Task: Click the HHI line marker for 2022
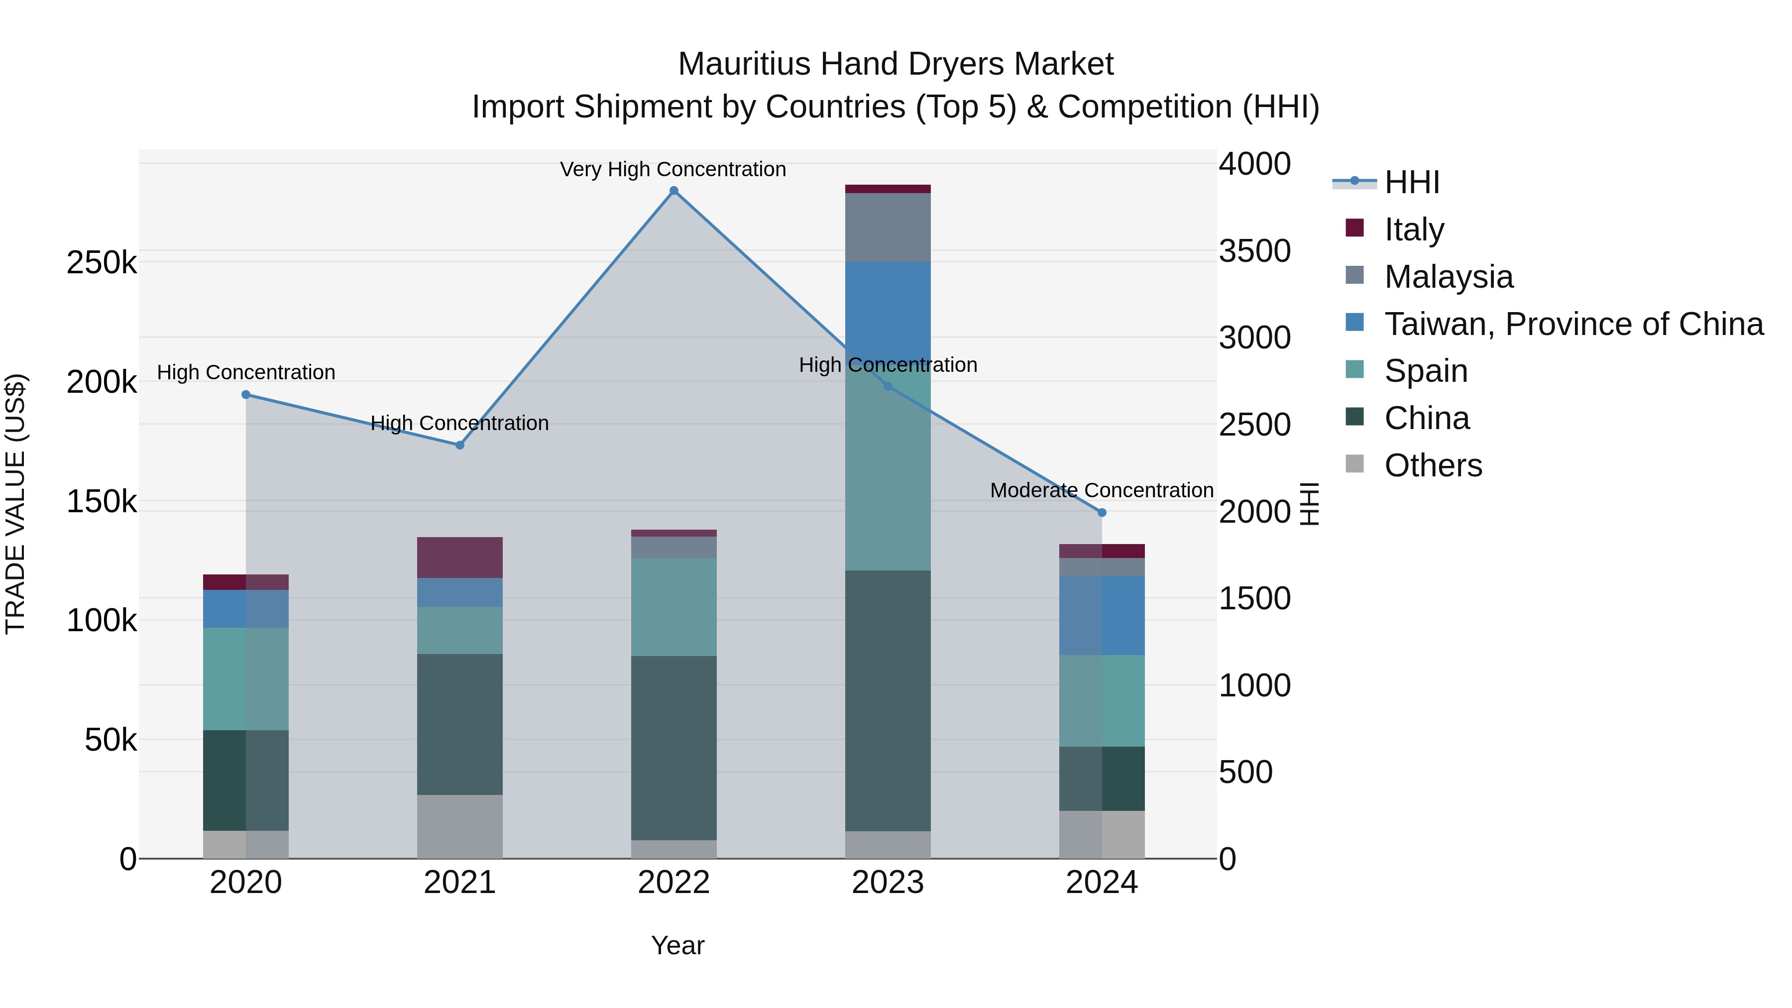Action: click(673, 191)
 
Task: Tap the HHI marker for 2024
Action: click(1102, 513)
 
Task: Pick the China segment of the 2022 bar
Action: click(673, 748)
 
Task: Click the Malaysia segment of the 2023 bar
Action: click(888, 227)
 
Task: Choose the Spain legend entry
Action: click(1426, 371)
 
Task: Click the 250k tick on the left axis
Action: click(102, 263)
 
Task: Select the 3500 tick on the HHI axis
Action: click(1254, 251)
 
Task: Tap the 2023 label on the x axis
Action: click(888, 883)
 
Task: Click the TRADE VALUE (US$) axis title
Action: click(15, 504)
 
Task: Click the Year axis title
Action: click(677, 945)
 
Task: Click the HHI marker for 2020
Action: click(245, 394)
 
